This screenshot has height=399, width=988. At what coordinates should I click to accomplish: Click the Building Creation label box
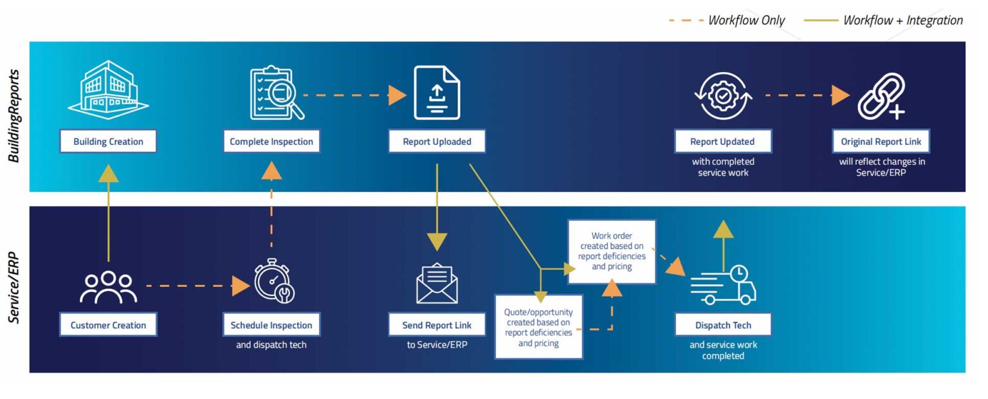tap(108, 142)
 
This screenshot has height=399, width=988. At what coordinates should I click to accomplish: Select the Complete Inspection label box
tap(271, 142)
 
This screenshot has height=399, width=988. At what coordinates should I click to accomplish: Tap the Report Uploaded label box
tap(437, 142)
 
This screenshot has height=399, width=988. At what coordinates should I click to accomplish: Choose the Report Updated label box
tap(722, 142)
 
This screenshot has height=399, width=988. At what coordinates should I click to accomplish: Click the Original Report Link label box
tap(881, 142)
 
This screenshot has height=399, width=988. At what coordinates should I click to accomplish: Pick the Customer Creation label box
tap(108, 325)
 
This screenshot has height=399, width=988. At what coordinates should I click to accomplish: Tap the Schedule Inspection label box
tap(271, 325)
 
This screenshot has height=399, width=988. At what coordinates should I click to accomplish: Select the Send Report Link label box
tap(437, 325)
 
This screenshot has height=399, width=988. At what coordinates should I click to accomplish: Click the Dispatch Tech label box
tap(723, 325)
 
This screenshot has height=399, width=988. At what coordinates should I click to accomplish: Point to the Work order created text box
tap(612, 251)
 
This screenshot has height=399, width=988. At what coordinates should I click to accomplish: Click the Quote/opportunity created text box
tap(538, 327)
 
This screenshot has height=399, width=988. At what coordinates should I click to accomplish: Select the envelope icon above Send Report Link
tap(437, 283)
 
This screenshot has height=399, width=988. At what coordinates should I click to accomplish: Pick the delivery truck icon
tap(723, 285)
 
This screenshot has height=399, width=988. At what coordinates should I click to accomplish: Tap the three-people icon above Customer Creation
tap(108, 286)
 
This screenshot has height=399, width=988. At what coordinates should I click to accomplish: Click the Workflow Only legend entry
tap(727, 21)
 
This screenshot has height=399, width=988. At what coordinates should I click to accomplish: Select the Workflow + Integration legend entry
tap(884, 21)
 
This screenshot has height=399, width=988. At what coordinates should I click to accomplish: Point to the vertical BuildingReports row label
tap(15, 116)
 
